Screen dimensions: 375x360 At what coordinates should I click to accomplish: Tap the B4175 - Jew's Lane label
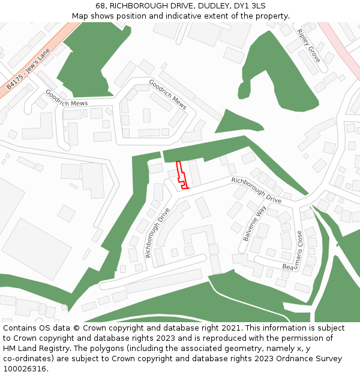(28, 70)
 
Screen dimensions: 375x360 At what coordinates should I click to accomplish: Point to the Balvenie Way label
(254, 224)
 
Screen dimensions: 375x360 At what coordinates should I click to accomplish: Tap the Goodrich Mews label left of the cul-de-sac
(66, 99)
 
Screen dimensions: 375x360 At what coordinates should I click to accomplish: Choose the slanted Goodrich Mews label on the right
(167, 94)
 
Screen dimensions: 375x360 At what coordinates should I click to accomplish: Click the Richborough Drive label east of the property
(256, 190)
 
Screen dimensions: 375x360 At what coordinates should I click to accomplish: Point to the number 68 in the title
(100, 6)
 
